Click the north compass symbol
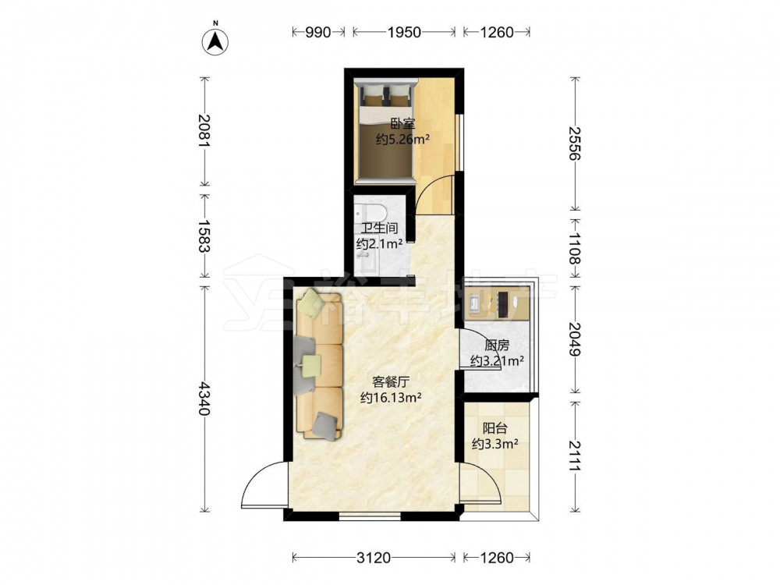215,39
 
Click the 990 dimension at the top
318,32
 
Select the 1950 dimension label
404,32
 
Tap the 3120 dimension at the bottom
374,558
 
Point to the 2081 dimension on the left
204,130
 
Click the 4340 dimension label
204,398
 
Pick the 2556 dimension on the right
575,144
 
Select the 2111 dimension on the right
575,456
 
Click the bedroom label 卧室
402,123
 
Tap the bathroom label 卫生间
379,229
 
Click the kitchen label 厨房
496,346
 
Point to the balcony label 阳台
495,427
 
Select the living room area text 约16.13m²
391,398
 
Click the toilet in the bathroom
371,213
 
